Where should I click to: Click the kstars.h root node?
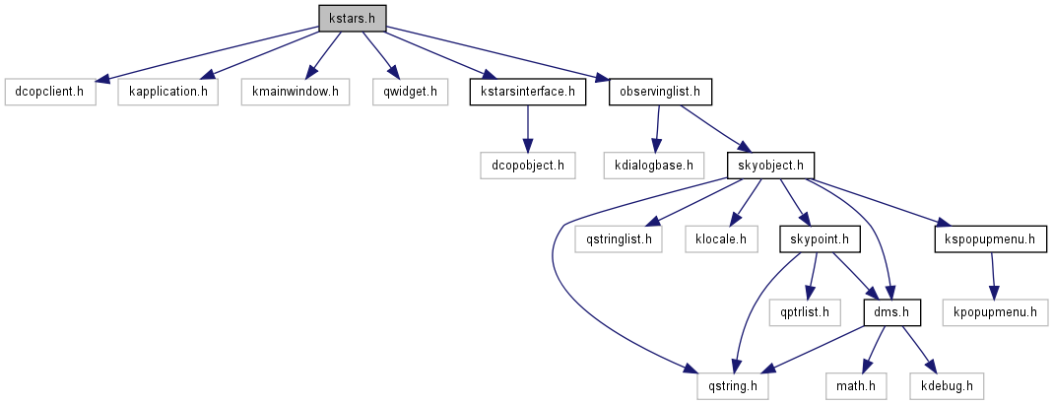[x=352, y=18]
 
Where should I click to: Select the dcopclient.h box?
[x=50, y=92]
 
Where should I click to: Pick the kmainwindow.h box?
[x=295, y=92]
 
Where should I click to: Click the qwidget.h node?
[x=410, y=92]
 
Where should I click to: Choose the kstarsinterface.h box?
[x=528, y=92]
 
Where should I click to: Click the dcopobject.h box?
[x=528, y=165]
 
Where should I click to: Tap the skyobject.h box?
[x=771, y=165]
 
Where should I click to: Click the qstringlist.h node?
[x=619, y=238]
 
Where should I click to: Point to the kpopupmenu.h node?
[x=996, y=312]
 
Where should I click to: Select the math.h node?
[x=855, y=385]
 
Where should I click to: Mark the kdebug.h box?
[x=947, y=385]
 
